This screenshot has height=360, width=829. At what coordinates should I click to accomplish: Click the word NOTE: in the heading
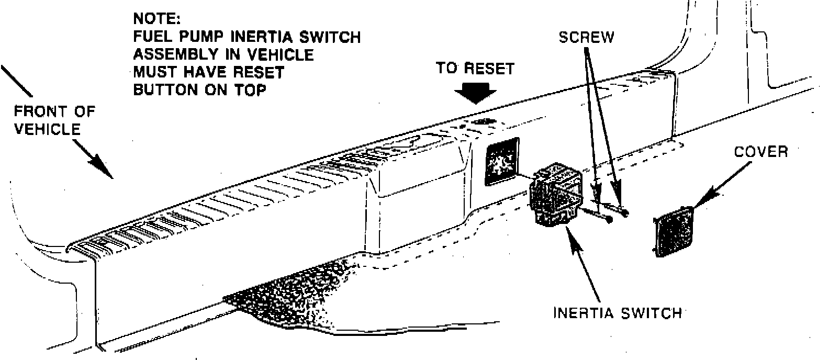pyautogui.click(x=156, y=19)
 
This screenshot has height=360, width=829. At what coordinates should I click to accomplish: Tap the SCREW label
pyautogui.click(x=586, y=38)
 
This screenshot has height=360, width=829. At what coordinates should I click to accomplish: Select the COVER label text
pyautogui.click(x=760, y=152)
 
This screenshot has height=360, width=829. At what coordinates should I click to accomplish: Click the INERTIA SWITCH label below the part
pyautogui.click(x=618, y=312)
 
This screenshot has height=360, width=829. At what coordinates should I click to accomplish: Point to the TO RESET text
pyautogui.click(x=475, y=69)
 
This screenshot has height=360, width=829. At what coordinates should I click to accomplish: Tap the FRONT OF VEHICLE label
pyautogui.click(x=54, y=120)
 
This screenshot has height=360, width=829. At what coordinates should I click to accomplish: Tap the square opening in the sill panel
pyautogui.click(x=501, y=162)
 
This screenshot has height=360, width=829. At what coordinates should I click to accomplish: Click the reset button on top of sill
pyautogui.click(x=484, y=121)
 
